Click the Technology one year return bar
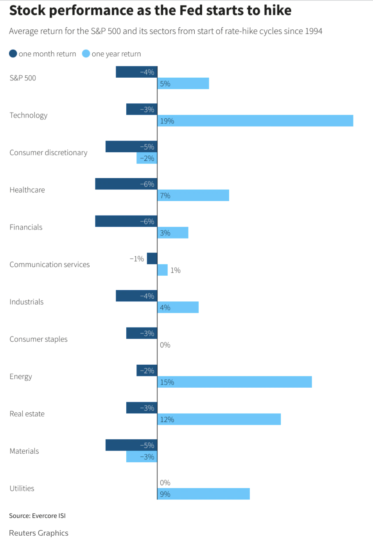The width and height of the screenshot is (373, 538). (255, 121)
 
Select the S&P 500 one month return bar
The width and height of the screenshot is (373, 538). (136, 72)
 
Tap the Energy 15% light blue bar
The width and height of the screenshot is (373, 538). (235, 382)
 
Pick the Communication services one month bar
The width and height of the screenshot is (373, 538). (152, 258)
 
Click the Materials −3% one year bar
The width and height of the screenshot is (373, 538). (142, 456)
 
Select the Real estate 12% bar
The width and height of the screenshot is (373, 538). (219, 419)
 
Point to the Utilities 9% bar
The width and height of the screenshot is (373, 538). (203, 494)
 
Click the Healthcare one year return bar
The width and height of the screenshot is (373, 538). (193, 195)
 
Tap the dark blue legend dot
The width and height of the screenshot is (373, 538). (13, 53)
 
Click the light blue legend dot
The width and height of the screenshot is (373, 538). (86, 53)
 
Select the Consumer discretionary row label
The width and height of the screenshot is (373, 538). (48, 153)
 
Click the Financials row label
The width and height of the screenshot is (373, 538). (26, 227)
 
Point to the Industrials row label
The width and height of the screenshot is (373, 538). (27, 302)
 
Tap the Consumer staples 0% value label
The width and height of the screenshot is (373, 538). (165, 345)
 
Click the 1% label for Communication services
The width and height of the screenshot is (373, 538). (175, 270)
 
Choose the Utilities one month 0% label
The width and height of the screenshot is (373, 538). (165, 483)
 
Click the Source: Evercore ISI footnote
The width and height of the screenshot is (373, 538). (38, 516)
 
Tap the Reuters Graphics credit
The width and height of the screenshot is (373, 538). (39, 533)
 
